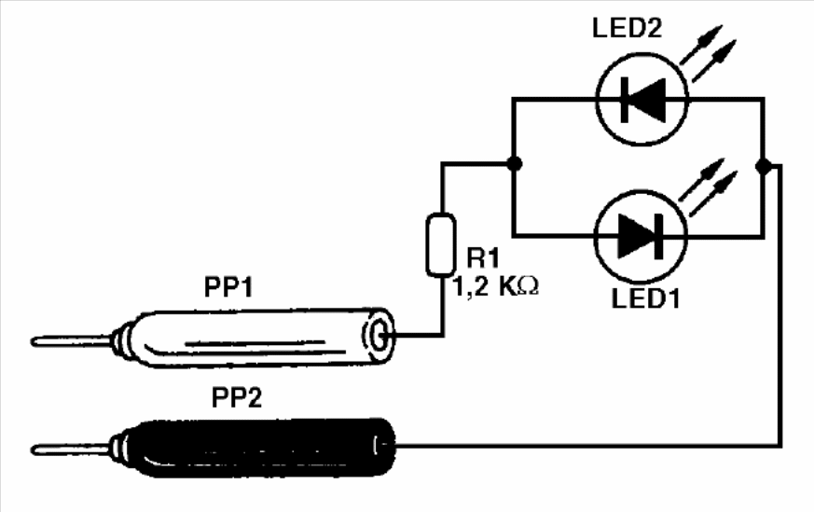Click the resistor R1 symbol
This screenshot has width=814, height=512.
tap(440, 245)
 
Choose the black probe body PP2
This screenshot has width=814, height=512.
tap(252, 448)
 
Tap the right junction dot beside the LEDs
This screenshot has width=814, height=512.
tap(764, 165)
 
